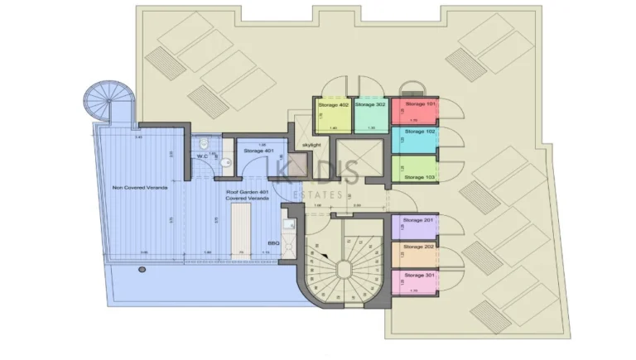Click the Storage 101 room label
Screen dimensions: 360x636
[420, 104]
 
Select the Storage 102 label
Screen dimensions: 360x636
[420, 131]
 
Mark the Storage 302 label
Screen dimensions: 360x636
[370, 105]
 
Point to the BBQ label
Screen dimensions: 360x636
[273, 244]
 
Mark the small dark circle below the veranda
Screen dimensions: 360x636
[142, 270]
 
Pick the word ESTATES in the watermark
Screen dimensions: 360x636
[318, 195]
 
